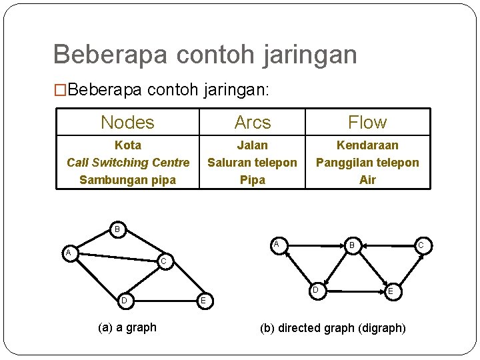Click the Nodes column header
pyautogui.click(x=127, y=123)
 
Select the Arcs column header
pyautogui.click(x=253, y=123)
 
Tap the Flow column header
pyautogui.click(x=367, y=123)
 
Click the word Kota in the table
pyautogui.click(x=128, y=145)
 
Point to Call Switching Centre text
pyautogui.click(x=128, y=162)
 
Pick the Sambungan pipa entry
pyautogui.click(x=128, y=179)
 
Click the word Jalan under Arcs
pyautogui.click(x=253, y=145)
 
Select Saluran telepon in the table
pyautogui.click(x=253, y=162)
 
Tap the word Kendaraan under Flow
pyautogui.click(x=367, y=145)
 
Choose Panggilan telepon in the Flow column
pyautogui.click(x=367, y=162)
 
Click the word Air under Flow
pyautogui.click(x=367, y=179)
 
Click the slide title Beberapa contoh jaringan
pyautogui.click(x=205, y=54)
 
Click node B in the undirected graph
pyautogui.click(x=117, y=230)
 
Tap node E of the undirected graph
pyautogui.click(x=203, y=301)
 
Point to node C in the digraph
pyautogui.click(x=421, y=246)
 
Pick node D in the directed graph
pyautogui.click(x=317, y=290)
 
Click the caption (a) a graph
pyautogui.click(x=127, y=327)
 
